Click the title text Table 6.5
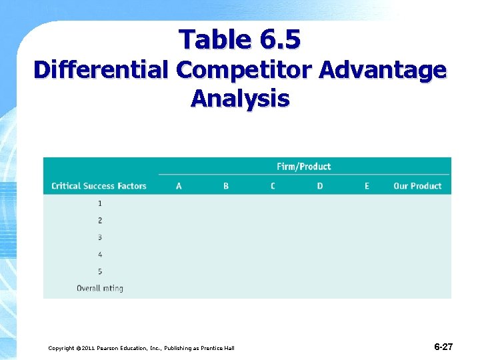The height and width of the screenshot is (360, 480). click(x=239, y=40)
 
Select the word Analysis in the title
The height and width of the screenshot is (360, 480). click(x=239, y=99)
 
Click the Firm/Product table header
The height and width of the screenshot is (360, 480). click(x=303, y=167)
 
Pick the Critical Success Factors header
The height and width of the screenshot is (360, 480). click(x=99, y=186)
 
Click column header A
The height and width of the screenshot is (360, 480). click(x=179, y=186)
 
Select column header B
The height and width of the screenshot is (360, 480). click(x=226, y=186)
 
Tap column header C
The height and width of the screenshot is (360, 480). click(x=273, y=186)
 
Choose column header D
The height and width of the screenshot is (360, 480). click(x=320, y=186)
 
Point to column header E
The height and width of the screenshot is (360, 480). click(x=367, y=186)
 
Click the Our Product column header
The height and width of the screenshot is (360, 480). click(x=417, y=186)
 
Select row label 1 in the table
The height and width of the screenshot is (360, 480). click(x=100, y=203)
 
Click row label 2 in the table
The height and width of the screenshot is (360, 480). click(x=100, y=221)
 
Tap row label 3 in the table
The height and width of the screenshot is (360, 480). click(x=100, y=237)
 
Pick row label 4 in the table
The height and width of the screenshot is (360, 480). click(x=100, y=255)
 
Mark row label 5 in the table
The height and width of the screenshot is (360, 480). click(x=100, y=271)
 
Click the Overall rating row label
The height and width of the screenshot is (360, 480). click(x=100, y=289)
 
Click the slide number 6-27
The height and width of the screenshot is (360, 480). click(x=443, y=347)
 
